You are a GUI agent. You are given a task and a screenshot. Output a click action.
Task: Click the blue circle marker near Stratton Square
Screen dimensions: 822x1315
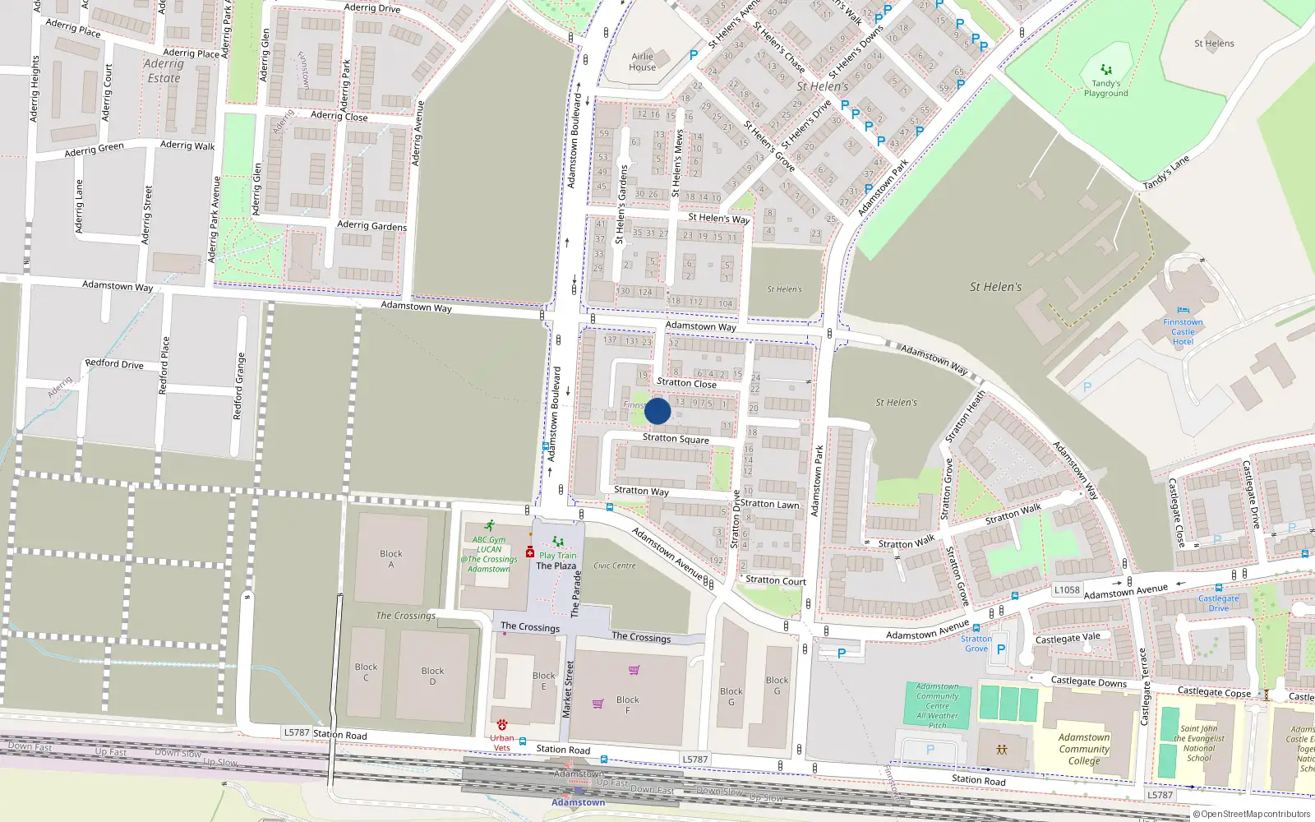click(657, 411)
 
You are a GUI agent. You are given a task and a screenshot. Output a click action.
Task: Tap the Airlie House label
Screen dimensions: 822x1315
click(643, 62)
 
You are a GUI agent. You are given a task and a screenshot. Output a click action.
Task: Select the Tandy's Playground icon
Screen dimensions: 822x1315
click(1106, 70)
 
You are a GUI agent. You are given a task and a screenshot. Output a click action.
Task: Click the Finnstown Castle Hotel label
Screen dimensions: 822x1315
click(1183, 332)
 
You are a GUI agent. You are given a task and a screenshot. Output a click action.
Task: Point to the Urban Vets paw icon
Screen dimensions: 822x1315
click(502, 725)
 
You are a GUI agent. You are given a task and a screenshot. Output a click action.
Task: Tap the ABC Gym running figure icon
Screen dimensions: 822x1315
click(490, 525)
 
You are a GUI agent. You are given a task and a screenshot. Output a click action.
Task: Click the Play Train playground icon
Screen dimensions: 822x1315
click(558, 542)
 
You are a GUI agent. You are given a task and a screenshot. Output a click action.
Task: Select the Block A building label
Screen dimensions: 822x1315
click(391, 559)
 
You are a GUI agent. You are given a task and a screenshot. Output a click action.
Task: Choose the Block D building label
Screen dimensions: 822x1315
click(432, 676)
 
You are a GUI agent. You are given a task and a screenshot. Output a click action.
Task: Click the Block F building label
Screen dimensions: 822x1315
click(627, 704)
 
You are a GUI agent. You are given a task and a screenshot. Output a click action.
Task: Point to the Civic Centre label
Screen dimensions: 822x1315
click(615, 566)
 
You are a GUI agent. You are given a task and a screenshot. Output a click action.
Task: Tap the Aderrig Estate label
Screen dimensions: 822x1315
click(164, 71)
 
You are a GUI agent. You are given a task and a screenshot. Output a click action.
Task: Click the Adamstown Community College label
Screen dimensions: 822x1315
click(1084, 749)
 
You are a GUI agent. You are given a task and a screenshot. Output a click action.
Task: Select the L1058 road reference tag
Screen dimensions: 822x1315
click(1067, 589)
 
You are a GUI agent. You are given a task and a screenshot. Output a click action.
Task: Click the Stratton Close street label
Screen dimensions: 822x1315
click(686, 383)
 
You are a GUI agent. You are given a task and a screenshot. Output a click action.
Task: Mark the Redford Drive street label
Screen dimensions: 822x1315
click(114, 363)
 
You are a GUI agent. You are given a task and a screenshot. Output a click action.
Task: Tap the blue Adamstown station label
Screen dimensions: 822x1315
click(578, 802)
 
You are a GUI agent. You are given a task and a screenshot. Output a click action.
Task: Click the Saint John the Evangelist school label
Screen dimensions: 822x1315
click(1199, 743)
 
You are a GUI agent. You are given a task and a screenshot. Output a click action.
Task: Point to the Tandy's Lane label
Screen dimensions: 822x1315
click(1166, 173)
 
